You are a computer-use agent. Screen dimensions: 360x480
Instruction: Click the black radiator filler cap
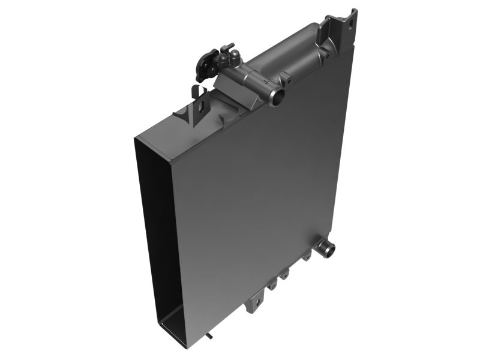coord(205,65)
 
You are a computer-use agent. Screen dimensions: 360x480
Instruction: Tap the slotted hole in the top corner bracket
coord(346,22)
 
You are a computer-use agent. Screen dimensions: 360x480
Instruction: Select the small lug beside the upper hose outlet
coord(286,79)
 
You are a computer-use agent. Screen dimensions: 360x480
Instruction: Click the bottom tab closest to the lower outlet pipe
coord(307,256)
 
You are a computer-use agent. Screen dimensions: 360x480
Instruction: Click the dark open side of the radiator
coord(158,240)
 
